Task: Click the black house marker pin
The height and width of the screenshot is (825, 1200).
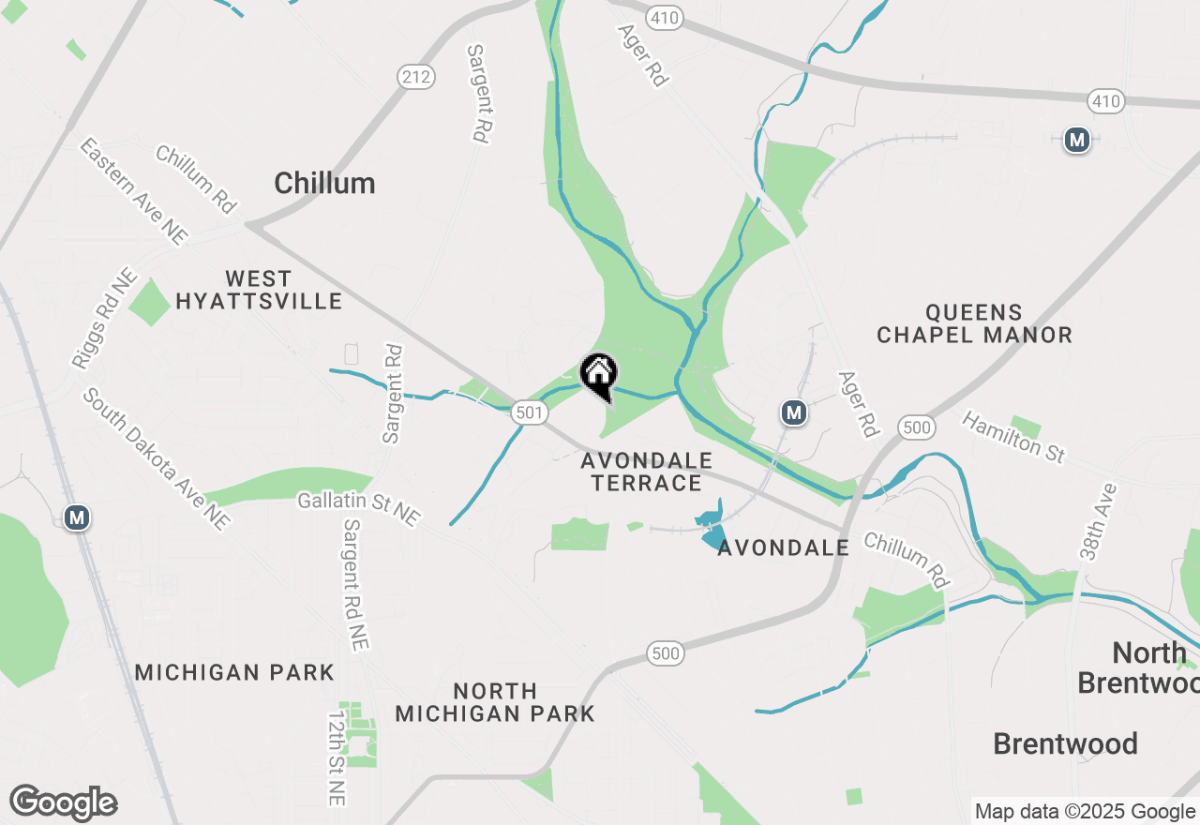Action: point(598,375)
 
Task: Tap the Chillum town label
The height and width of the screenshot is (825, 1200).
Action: point(324,183)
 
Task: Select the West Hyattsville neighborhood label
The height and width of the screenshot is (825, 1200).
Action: point(259,290)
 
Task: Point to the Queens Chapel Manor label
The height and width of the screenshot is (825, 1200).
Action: point(974,323)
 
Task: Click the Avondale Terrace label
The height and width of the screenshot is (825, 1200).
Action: point(646,472)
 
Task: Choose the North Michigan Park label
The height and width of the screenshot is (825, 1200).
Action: point(495,702)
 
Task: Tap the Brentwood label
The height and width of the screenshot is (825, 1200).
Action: point(1065,743)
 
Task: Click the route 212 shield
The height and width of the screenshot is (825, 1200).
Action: point(414,77)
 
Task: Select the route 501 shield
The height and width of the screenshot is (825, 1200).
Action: point(529,411)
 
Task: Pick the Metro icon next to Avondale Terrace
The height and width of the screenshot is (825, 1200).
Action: point(794,412)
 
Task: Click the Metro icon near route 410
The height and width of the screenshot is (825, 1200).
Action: point(1077,141)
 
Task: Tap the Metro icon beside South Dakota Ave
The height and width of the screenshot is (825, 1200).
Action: point(77,517)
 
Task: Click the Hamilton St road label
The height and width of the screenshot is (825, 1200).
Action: point(1013,436)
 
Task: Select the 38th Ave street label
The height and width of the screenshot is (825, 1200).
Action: point(1098,521)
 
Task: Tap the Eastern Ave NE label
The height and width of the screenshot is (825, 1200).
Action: point(133,192)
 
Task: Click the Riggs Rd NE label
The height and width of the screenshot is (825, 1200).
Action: point(104,320)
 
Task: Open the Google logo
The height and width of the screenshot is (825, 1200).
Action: point(63,802)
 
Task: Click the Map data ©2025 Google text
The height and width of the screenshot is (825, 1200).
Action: point(1085,811)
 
